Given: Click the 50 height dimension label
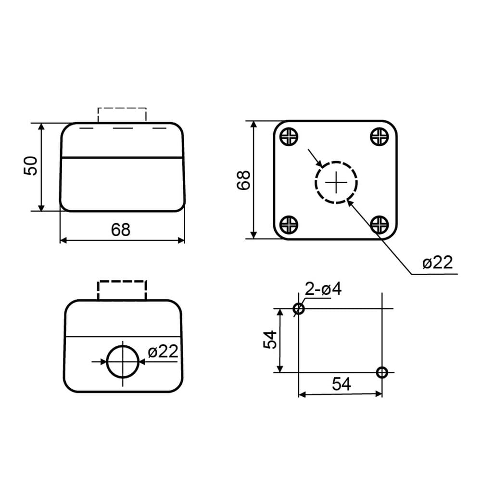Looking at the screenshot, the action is coord(30,166).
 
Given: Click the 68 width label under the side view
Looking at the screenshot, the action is coord(121,230).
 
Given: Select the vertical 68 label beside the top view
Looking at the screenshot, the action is coord(244,180).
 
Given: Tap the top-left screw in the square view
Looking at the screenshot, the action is coord(289,136).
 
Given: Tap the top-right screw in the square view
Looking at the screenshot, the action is coord(380,136).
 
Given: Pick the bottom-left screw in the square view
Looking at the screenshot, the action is coord(289,225).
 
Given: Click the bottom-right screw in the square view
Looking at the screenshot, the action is coord(380,225).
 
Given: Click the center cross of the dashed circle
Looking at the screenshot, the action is coord(336,182).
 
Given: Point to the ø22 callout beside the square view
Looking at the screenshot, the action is coord(437,263).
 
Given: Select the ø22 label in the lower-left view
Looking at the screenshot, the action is coord(163,351).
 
